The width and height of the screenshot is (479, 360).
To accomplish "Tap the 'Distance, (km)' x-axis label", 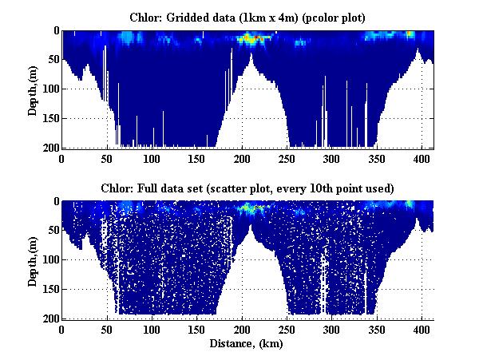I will point(247,344).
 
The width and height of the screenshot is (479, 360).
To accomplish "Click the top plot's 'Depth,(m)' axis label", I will point(33,89).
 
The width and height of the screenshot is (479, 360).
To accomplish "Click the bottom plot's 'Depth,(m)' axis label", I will point(33,259).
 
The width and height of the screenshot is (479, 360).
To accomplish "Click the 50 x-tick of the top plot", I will point(107,158).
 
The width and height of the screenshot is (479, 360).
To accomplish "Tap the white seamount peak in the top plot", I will point(251,64).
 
